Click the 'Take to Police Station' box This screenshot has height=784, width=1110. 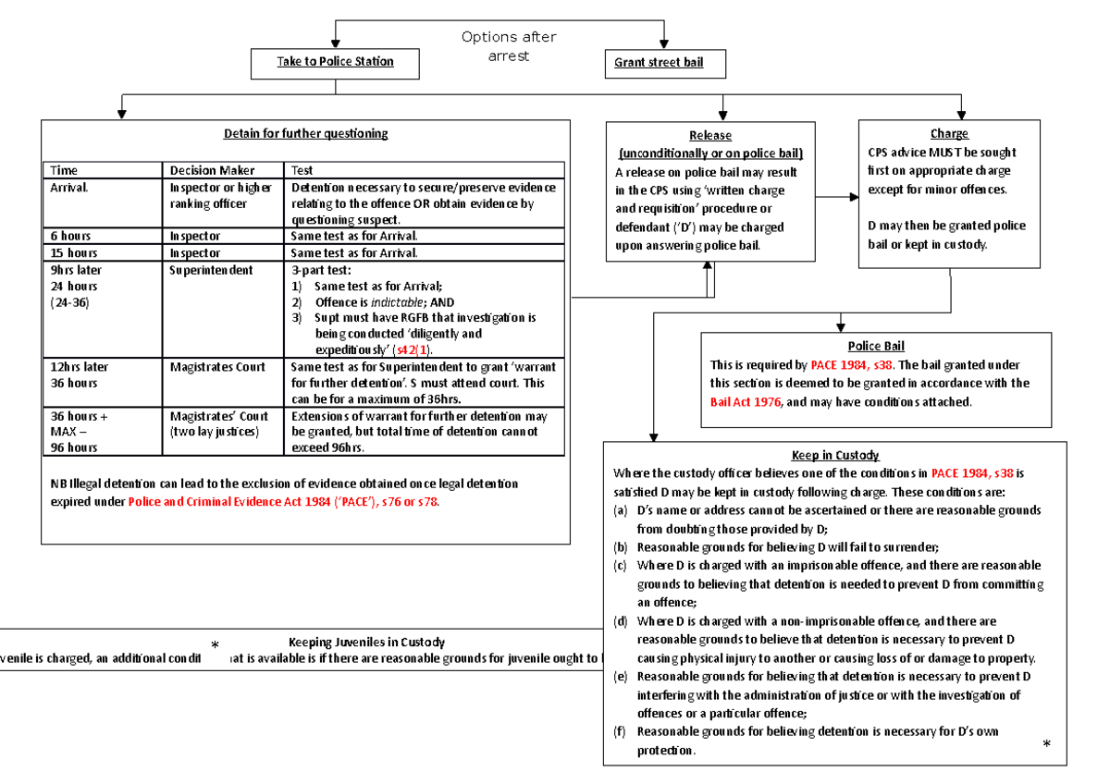point(335,62)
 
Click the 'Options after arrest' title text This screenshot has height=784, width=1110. point(509,47)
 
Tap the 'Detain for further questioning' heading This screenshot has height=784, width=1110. point(305,133)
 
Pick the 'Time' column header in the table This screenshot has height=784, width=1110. point(64,170)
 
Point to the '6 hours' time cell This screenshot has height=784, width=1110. point(70,236)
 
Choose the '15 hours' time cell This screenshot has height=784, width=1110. point(73,252)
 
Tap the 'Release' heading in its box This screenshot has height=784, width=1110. point(709,136)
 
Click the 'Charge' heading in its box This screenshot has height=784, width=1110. point(949,134)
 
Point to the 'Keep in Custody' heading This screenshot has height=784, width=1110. point(835,455)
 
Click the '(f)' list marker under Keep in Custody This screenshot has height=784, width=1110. point(620,731)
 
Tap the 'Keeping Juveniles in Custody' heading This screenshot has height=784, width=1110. point(366,642)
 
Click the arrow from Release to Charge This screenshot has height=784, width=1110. point(837,197)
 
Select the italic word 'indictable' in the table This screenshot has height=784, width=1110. point(397,302)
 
